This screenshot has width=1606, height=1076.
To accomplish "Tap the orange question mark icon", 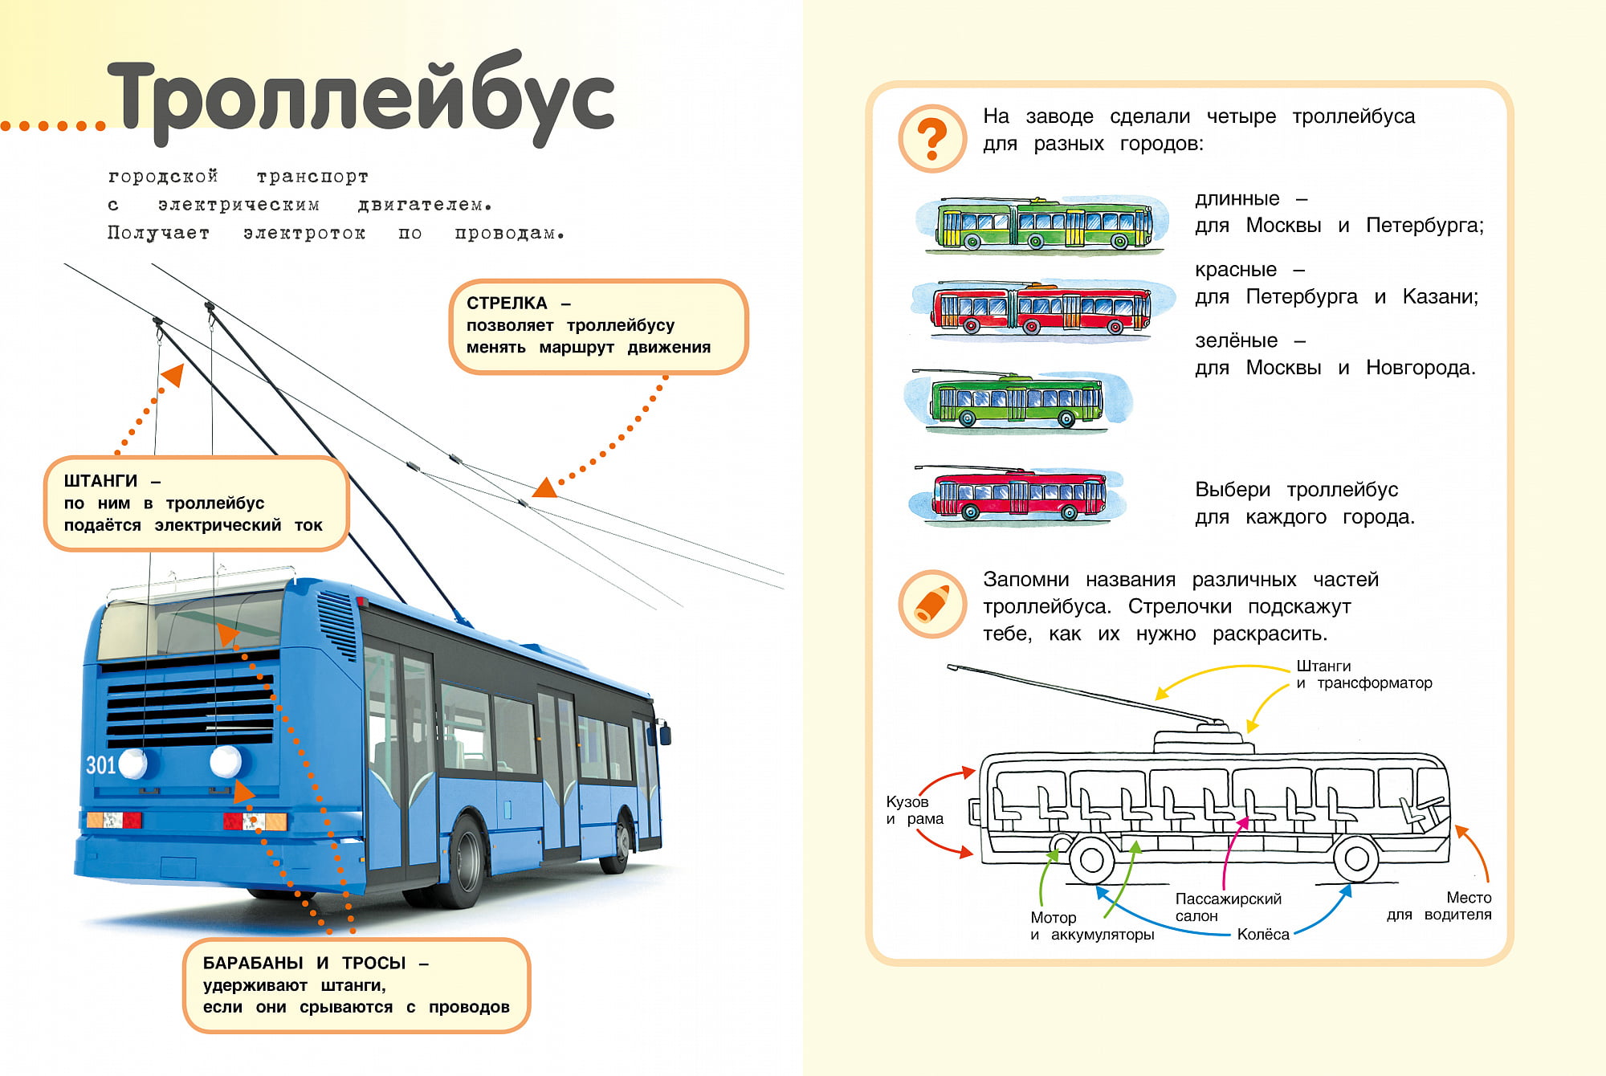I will point(932,139).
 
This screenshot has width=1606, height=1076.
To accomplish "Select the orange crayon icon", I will point(932,604).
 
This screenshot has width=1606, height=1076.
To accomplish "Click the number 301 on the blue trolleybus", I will point(101,764).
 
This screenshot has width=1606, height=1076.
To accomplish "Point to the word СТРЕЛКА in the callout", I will point(507,304).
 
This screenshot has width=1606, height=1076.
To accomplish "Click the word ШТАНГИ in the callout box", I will point(100,481).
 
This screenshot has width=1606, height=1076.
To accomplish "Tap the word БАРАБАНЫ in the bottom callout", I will point(252,963).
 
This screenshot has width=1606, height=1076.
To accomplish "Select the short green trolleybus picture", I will point(1017,401).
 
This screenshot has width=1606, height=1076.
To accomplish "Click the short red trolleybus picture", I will point(1018,494).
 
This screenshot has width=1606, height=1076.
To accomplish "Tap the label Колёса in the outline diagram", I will point(1263,934).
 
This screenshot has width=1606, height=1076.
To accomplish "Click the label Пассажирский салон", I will point(1228,907).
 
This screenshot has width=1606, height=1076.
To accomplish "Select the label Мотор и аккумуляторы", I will point(1091,926).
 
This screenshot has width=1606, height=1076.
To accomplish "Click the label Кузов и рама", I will point(915,810).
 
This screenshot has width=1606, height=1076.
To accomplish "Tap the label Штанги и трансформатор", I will point(1363,675).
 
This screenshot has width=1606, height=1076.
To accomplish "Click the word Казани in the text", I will point(1439,297).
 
